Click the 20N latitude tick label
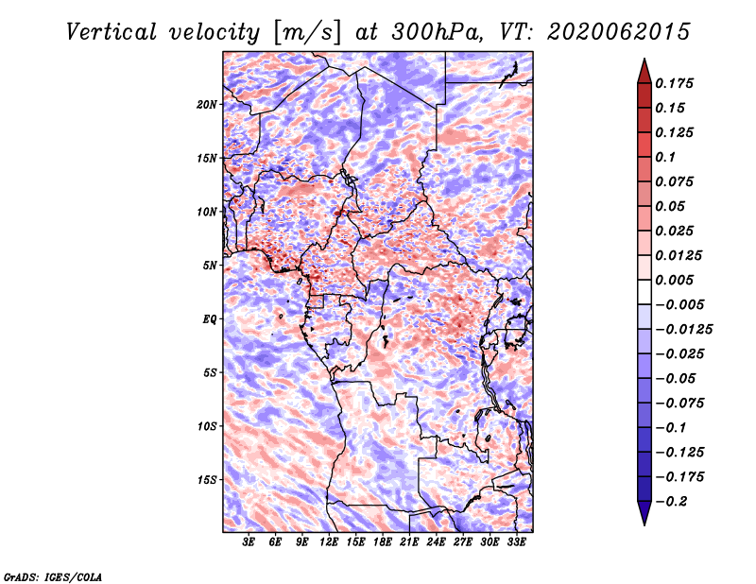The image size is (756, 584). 207,105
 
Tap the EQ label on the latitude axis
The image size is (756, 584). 210,319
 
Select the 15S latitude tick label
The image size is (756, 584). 207,480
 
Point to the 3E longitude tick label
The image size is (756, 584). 249,541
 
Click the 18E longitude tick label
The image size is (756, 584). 383,541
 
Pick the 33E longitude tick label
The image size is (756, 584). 516,541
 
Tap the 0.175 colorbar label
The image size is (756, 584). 674,83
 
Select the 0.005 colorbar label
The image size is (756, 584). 674,280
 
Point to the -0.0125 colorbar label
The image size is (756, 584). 683,330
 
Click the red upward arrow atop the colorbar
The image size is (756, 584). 644,71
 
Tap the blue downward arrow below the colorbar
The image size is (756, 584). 644,513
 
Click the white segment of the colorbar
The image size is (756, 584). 644,292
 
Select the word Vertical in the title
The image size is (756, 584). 112,32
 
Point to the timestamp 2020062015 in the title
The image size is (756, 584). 619,32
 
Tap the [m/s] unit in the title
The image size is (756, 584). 307,33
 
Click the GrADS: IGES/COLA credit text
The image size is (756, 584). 53,577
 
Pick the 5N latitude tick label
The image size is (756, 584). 210,266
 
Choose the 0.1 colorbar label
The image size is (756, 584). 665,157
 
